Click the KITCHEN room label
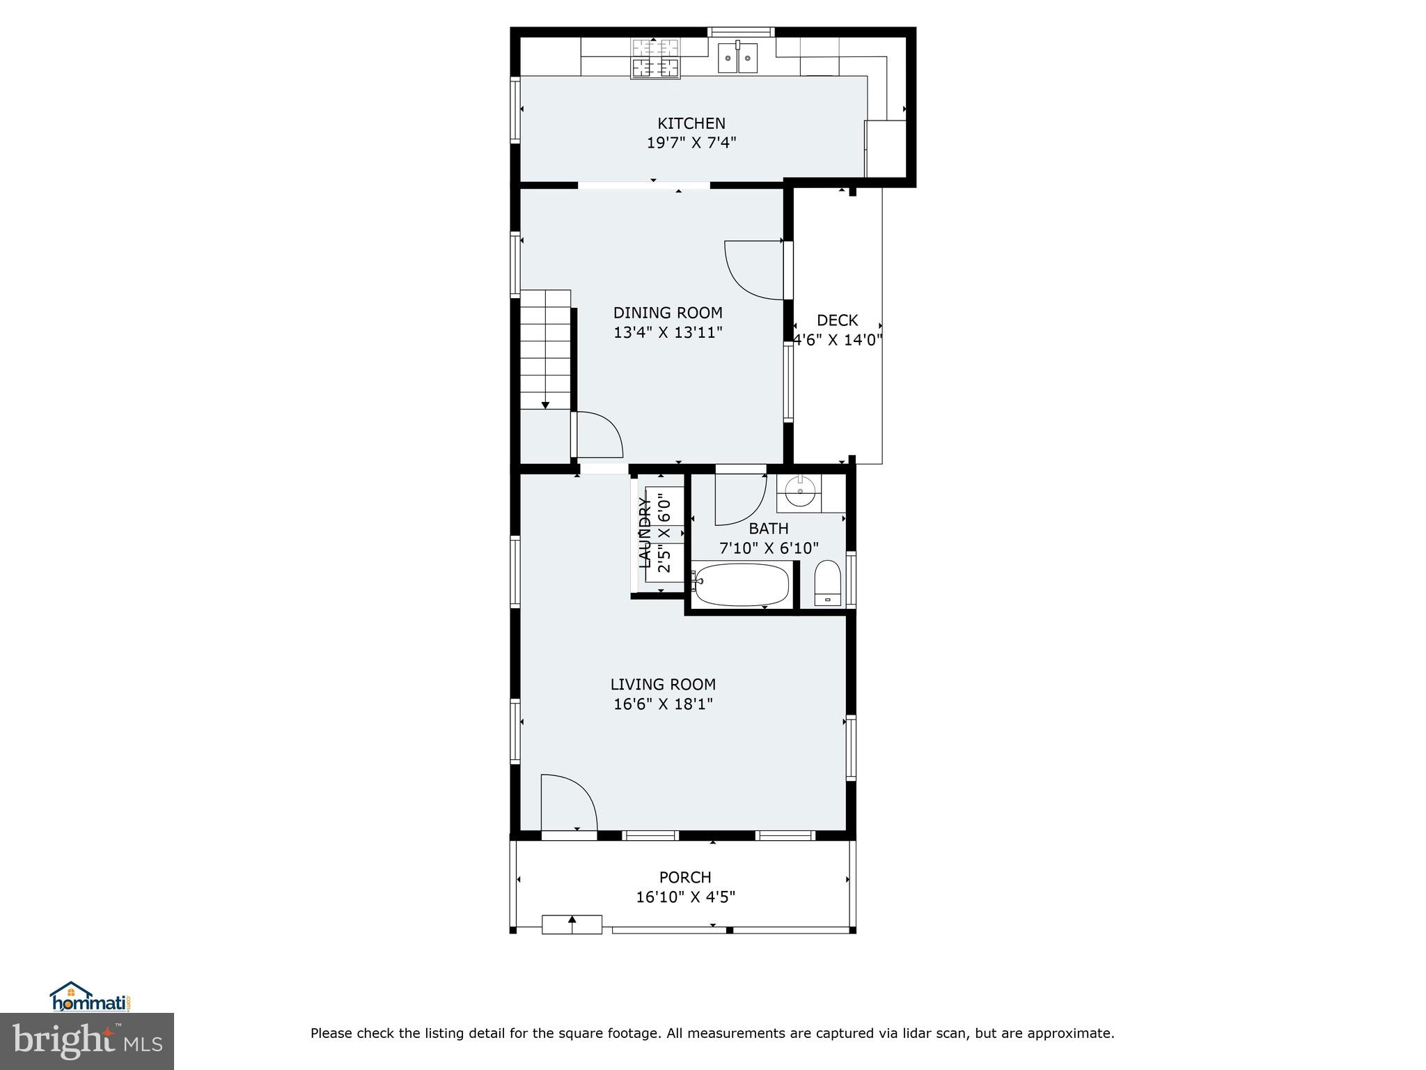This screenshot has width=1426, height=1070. point(691,123)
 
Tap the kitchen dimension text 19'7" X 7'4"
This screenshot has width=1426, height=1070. point(691,143)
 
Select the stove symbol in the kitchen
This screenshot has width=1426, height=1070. point(655,59)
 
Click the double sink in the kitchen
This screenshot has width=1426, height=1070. point(738,56)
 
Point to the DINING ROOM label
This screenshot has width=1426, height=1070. point(667,313)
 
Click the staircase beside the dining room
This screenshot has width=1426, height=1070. point(546,348)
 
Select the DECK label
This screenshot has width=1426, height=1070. point(837,320)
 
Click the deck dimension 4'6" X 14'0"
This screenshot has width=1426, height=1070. point(838,340)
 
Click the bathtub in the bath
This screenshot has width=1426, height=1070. point(742,584)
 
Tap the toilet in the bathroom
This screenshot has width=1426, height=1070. point(827,582)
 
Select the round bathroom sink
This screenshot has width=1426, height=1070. point(799,492)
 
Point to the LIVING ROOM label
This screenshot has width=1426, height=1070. point(663,685)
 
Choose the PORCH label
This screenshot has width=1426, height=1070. point(685,877)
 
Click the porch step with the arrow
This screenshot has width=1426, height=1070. point(572,924)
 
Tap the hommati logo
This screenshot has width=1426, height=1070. point(91,998)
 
